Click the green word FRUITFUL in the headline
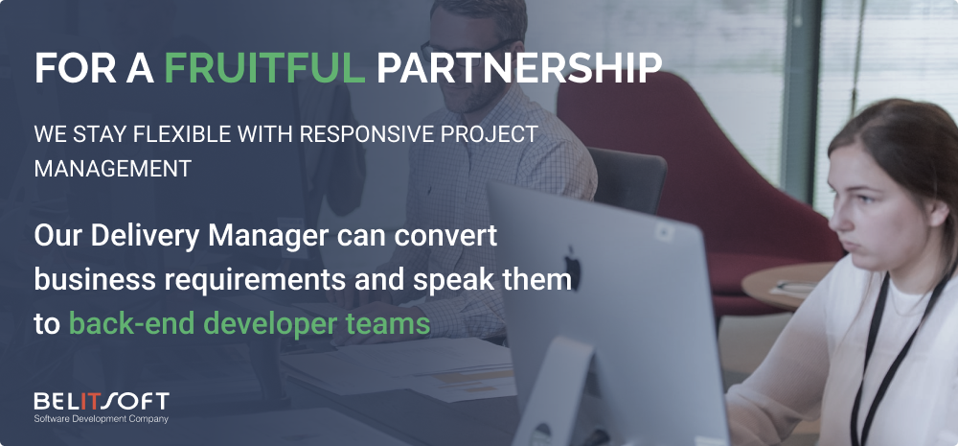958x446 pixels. pyautogui.click(x=264, y=68)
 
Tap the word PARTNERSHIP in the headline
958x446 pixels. pyautogui.click(x=518, y=68)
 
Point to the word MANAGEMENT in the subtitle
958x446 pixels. pyautogui.click(x=113, y=169)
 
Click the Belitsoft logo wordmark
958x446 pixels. pyautogui.click(x=102, y=402)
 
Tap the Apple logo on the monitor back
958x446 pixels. pyautogui.click(x=572, y=267)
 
